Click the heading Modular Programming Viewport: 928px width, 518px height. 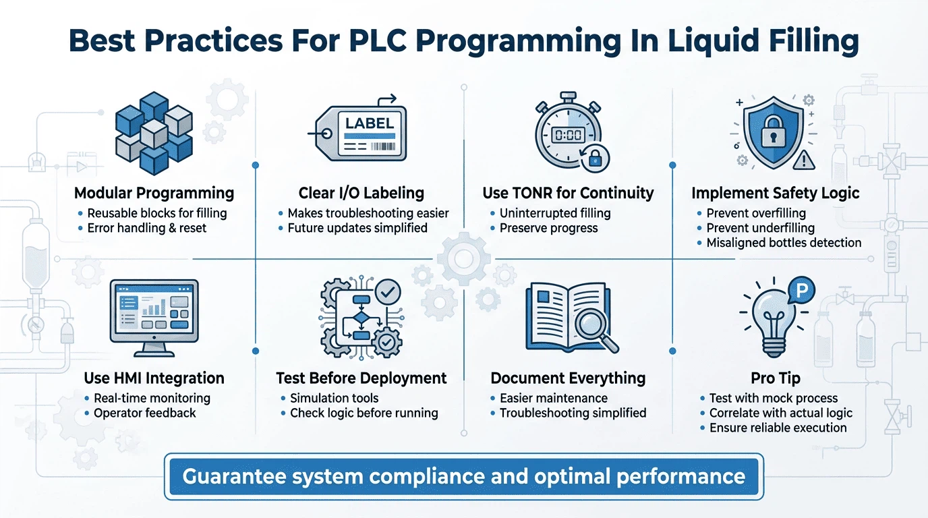pyautogui.click(x=154, y=194)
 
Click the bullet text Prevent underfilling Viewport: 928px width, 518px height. pyautogui.click(x=760, y=228)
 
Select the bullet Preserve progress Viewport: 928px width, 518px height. pyautogui.click(x=548, y=228)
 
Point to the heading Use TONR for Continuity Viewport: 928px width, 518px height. pyautogui.click(x=568, y=194)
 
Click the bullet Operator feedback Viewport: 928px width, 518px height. pyautogui.click(x=144, y=413)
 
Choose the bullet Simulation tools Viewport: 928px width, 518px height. pyautogui.click(x=334, y=398)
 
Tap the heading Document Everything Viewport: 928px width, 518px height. pyautogui.click(x=568, y=378)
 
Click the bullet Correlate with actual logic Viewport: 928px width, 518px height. pyautogui.click(x=780, y=413)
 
